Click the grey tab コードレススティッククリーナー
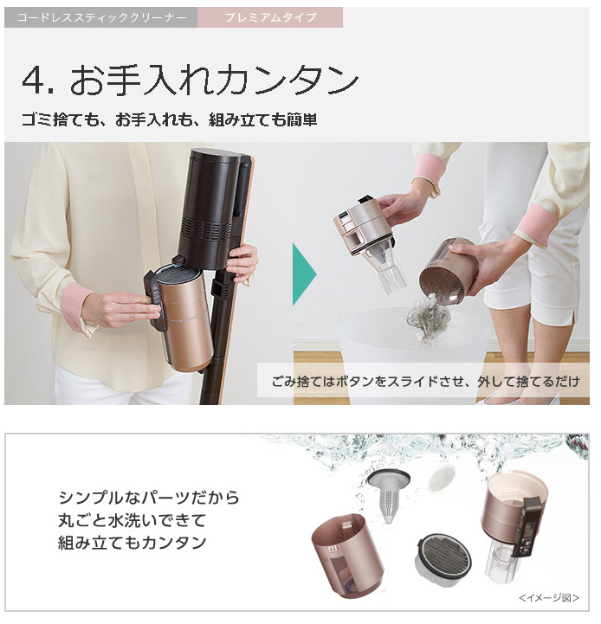click(101, 17)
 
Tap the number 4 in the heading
click(34, 80)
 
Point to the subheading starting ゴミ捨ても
click(170, 119)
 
